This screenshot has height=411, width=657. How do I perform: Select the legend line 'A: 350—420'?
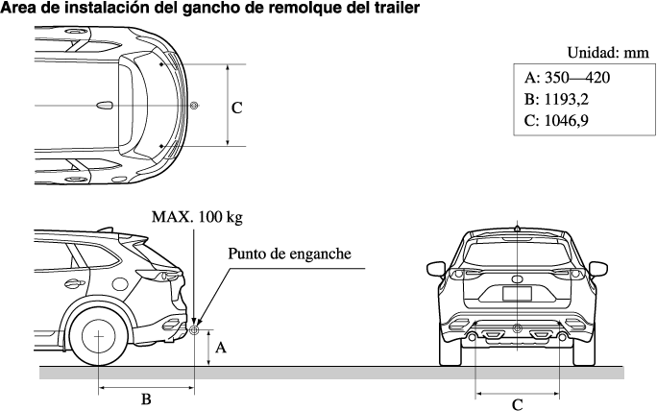click(x=568, y=78)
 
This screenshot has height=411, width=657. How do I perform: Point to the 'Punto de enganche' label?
click(x=289, y=254)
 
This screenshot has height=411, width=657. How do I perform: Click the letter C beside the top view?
click(x=236, y=109)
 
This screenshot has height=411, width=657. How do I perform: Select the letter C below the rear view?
click(x=517, y=402)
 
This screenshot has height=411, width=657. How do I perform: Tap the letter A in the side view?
click(x=220, y=349)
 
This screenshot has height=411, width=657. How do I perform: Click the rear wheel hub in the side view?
click(x=98, y=335)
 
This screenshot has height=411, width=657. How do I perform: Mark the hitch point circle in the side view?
click(x=194, y=330)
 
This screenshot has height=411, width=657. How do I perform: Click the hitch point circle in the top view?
click(x=194, y=105)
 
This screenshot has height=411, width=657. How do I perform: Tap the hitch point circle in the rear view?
click(x=517, y=330)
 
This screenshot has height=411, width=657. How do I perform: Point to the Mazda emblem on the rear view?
click(x=517, y=278)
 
